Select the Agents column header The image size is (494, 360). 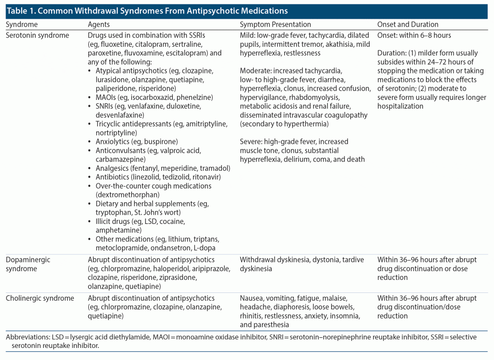tap(99, 24)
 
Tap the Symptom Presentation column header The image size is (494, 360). tap(275, 24)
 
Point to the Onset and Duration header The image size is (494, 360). tap(408, 24)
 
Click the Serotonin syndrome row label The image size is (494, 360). tap(37, 35)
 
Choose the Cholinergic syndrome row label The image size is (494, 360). tap(40, 298)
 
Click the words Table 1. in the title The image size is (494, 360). tap(20, 11)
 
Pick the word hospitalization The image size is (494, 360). tap(400, 106)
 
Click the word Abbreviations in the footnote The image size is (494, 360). tap(27, 337)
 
